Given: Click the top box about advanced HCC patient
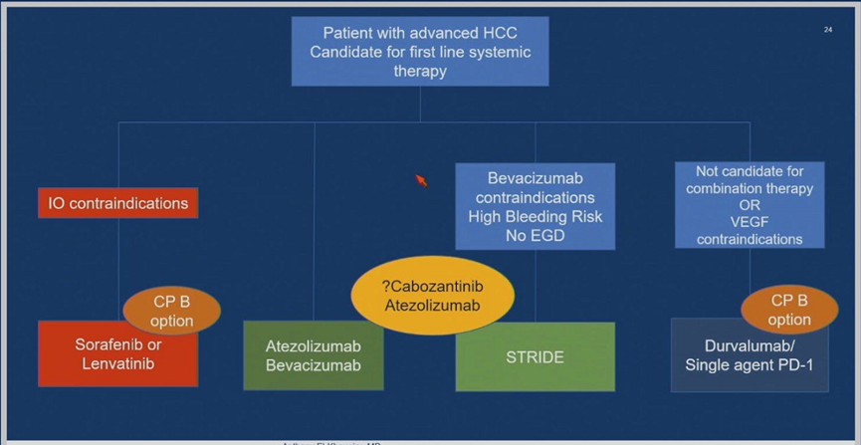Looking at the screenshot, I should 419,52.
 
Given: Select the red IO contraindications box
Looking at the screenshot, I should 117,203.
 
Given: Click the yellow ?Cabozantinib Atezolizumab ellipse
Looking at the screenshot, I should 432,296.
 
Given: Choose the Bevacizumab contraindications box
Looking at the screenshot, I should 535,206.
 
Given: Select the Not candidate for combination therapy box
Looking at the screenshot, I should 749,204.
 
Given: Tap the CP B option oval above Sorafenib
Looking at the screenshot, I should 171,311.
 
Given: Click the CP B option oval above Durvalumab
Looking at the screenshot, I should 788,310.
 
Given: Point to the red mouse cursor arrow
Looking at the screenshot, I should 420,179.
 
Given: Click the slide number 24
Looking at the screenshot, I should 827,30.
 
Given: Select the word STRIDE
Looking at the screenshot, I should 535,356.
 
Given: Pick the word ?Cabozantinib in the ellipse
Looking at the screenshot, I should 432,287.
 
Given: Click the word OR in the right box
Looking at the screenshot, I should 750,205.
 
